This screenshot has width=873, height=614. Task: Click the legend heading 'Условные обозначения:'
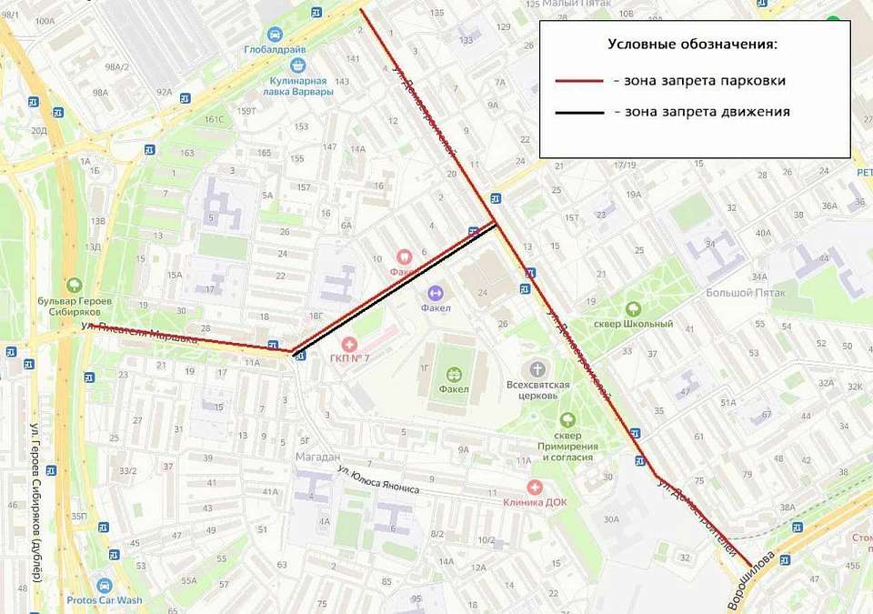pyautogui.click(x=692, y=44)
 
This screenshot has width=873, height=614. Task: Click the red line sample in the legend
pyautogui.click(x=579, y=81)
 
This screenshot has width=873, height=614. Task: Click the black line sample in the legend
pyautogui.click(x=579, y=113)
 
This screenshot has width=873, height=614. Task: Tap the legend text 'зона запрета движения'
pyautogui.click(x=701, y=112)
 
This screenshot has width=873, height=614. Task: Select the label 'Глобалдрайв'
pyautogui.click(x=274, y=50)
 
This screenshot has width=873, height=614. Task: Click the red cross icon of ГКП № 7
pyautogui.click(x=349, y=343)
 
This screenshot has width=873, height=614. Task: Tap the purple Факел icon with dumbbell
pyautogui.click(x=435, y=293)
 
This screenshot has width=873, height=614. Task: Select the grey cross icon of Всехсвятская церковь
pyautogui.click(x=538, y=368)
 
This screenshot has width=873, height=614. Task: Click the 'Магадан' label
pyautogui.click(x=317, y=456)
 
